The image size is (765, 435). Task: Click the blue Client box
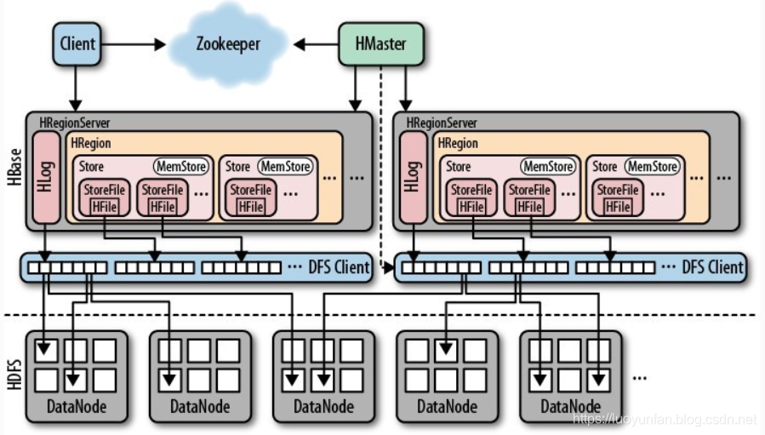click(x=78, y=43)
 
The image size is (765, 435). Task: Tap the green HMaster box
click(x=380, y=43)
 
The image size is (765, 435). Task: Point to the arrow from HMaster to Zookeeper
click(x=320, y=43)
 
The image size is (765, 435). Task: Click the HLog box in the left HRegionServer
click(x=48, y=177)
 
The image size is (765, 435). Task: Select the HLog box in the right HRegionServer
click(x=414, y=177)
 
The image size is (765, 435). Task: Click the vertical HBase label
click(x=14, y=170)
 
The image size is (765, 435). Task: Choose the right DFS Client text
click(x=712, y=267)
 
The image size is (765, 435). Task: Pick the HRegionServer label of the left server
click(x=73, y=123)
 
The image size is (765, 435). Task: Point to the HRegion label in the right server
click(x=458, y=143)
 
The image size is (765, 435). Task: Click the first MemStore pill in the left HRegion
click(x=180, y=167)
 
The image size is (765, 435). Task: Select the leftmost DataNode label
click(x=77, y=406)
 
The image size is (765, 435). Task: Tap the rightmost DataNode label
click(x=571, y=406)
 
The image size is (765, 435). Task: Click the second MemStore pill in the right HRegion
click(x=653, y=167)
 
